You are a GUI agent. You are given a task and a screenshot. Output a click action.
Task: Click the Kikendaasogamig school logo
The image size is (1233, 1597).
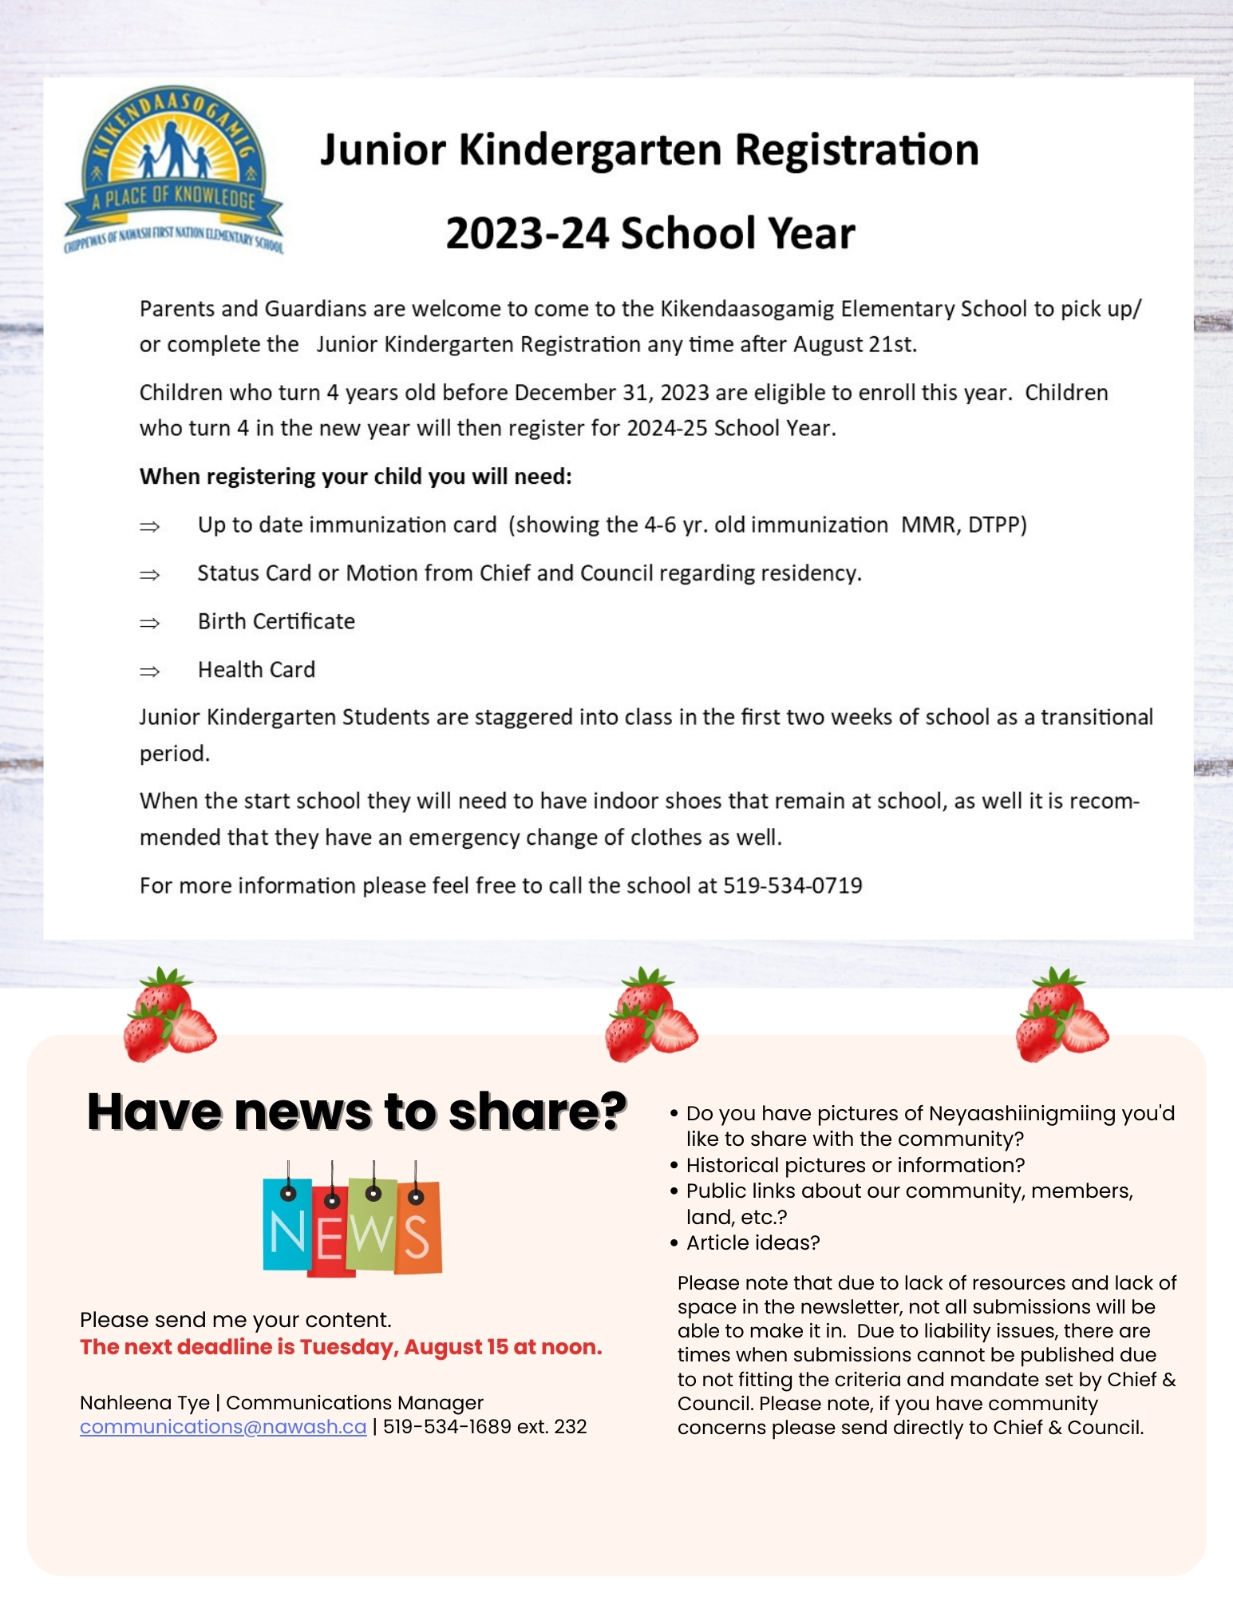173,170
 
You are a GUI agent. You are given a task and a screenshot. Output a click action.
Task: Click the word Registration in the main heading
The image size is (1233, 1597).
856,150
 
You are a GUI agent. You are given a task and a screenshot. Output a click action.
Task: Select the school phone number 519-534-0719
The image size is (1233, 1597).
792,886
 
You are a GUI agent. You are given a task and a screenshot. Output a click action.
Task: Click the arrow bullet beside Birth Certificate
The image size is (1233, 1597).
149,623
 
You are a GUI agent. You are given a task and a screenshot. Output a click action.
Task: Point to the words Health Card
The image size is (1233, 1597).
256,670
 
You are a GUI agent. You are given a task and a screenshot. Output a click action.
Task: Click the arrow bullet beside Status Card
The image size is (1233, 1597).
149,575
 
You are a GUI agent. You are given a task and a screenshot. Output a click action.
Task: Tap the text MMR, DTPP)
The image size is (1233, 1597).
963,525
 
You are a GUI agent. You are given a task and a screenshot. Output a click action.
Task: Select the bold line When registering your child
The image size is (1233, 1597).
355,477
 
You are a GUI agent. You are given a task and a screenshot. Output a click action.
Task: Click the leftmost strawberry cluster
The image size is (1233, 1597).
169,1016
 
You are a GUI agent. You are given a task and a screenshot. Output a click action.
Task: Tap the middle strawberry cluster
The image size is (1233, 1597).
650,1016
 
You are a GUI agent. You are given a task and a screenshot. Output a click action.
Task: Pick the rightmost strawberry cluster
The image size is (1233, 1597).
1061,1016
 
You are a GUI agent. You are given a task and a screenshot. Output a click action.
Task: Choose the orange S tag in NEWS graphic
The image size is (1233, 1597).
417,1230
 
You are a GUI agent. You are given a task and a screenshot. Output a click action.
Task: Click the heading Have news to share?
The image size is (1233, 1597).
357,1111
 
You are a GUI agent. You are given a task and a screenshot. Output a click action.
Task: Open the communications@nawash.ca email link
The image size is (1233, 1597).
223,1427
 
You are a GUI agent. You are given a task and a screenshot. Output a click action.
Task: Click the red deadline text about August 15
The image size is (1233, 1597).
341,1347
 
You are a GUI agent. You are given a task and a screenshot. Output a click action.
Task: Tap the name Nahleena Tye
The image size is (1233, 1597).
144,1403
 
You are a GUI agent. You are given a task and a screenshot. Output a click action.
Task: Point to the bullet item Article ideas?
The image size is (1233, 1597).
753,1242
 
